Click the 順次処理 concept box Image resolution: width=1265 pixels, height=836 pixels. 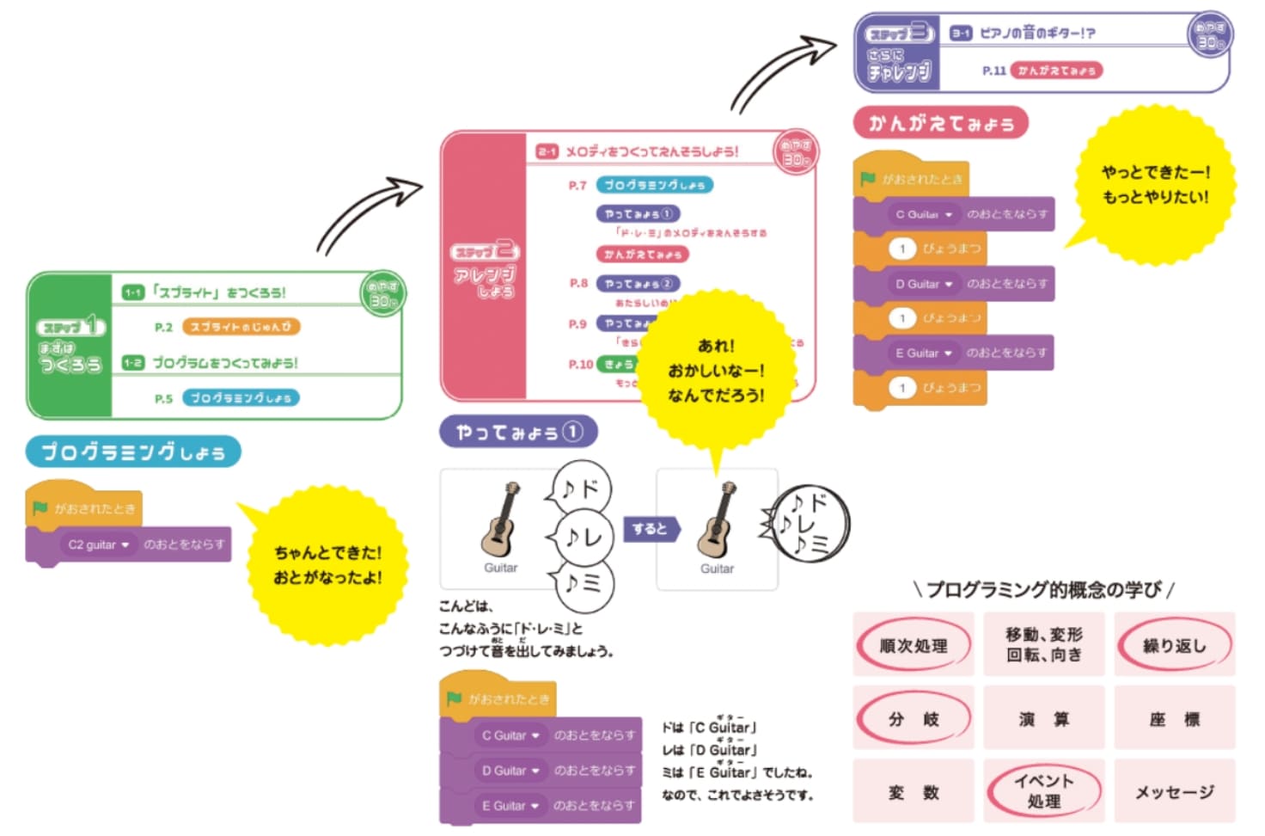tap(913, 645)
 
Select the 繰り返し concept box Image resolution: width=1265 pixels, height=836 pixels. tap(1174, 645)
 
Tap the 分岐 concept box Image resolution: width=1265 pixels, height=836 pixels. tap(913, 719)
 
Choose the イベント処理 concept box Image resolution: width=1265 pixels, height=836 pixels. tap(1043, 791)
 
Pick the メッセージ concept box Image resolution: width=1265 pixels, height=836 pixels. tap(1174, 792)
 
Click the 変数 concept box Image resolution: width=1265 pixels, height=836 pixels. tap(913, 792)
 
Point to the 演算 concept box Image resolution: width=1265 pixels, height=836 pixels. tap(1043, 719)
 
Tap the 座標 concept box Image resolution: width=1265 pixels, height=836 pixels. tap(1174, 719)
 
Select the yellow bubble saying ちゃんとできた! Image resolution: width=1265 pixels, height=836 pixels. tap(327, 564)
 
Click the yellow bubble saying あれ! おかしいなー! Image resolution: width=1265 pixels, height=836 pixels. tap(716, 371)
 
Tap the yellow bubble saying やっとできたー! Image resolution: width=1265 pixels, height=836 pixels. tap(1155, 184)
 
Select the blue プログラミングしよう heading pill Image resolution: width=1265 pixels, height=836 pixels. tap(133, 452)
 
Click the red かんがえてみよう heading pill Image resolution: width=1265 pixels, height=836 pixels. tap(941, 123)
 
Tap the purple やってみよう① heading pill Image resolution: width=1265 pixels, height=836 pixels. tap(518, 432)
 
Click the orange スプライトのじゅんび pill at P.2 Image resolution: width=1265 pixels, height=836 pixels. tap(241, 327)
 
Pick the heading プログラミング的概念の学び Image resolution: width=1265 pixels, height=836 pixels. tap(1043, 589)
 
